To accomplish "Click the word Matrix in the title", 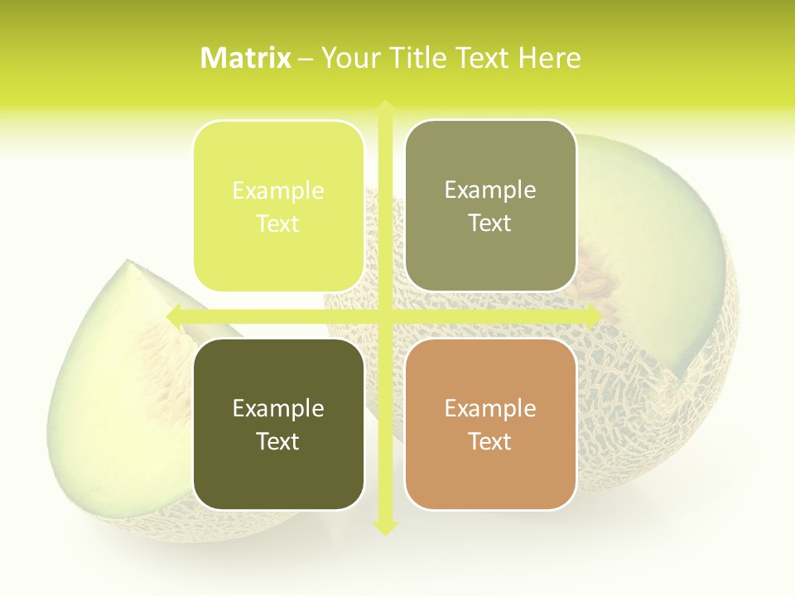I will tap(246, 58).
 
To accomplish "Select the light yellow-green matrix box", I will tap(278, 206).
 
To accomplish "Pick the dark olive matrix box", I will tap(278, 424).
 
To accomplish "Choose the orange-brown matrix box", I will tap(490, 424).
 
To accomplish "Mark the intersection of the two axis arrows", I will tap(385, 315).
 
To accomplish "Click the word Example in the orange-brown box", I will tap(490, 408).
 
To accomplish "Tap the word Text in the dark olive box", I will tap(278, 441).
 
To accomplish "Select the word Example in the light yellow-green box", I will tap(278, 190).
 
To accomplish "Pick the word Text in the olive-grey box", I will tap(490, 223).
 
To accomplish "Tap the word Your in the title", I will tap(348, 58).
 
